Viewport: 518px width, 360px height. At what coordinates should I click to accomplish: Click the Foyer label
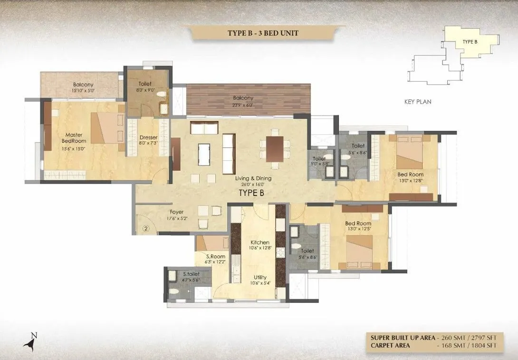pos(176,212)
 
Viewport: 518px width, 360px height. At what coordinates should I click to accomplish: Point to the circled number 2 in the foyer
pos(146,228)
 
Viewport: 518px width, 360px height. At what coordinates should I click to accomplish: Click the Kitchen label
pos(260,242)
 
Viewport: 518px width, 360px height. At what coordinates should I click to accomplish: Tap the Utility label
pos(260,277)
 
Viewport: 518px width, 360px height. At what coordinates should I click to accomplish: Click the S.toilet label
pos(191,274)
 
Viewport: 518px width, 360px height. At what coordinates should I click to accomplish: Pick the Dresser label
pos(148,137)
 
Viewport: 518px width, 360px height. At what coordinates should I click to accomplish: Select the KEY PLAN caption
pos(417,102)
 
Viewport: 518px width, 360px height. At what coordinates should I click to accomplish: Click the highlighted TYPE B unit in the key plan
pos(468,46)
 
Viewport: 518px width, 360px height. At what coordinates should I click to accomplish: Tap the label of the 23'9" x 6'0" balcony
pos(242,98)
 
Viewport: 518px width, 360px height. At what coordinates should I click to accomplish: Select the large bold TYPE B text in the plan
pos(251,193)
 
